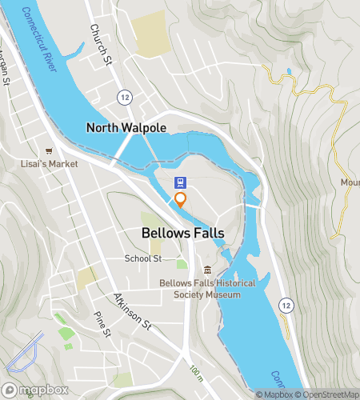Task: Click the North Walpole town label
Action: [x=126, y=127]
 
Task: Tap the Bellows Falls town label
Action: [x=182, y=234]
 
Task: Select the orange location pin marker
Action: [x=181, y=199]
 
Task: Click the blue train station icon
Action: [x=181, y=183]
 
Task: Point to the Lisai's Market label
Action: [x=50, y=164]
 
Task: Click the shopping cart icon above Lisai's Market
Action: [x=50, y=150]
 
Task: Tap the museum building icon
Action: [x=207, y=269]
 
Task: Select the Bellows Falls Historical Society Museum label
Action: [x=200, y=289]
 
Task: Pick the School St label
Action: [x=143, y=258]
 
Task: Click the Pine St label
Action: [x=102, y=323]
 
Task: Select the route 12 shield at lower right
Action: [x=285, y=304]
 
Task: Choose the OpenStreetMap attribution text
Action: [x=328, y=394]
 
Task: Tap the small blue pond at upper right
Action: [x=288, y=71]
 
